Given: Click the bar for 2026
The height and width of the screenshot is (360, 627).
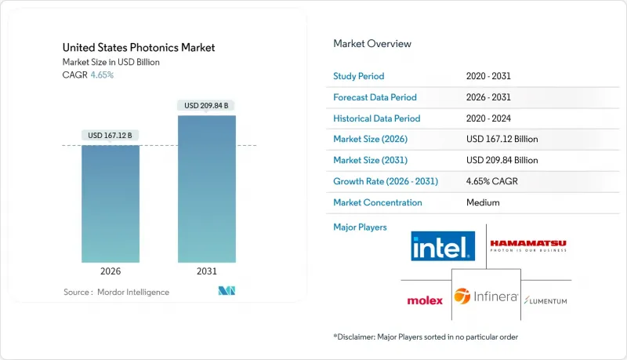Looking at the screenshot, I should (111, 203).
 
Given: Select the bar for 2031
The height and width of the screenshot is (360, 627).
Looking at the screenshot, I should (207, 188).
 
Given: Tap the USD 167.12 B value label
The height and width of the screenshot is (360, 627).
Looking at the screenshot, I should (111, 135).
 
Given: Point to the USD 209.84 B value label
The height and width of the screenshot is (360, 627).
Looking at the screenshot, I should (207, 105).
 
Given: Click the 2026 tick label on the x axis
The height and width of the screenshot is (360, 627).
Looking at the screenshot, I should (111, 271).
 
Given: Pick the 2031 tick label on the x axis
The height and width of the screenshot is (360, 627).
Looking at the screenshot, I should (207, 271).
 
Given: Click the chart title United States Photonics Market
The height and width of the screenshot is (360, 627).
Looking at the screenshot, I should (139, 48).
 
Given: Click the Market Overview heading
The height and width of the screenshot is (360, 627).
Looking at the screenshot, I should (372, 43).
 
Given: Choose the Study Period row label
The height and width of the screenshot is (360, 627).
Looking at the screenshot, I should (359, 76).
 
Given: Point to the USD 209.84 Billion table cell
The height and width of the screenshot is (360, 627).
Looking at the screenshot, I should (502, 160).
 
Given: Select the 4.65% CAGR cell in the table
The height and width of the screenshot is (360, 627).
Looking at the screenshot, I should (492, 181).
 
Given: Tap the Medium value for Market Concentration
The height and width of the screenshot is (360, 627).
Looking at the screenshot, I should (482, 202).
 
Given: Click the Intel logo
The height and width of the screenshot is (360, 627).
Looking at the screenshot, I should (443, 246).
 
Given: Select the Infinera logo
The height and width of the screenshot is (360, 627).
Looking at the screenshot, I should (486, 296).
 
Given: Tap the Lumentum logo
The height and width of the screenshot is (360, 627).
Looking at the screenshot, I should (546, 300).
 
